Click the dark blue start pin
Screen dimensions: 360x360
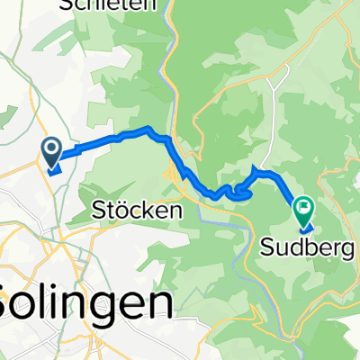(51, 153)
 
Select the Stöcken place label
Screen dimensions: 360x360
(138, 211)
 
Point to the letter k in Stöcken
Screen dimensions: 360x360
(151, 211)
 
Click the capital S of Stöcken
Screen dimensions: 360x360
(101, 211)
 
